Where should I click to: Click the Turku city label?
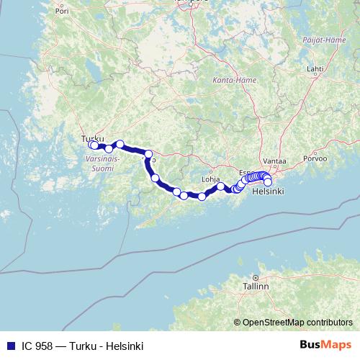tap(94, 138)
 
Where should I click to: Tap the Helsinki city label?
tap(267, 192)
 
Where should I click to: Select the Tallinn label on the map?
tap(256, 286)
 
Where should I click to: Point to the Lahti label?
tap(315, 69)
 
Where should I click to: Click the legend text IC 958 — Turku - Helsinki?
tap(82, 346)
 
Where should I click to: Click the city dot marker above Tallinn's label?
tap(255, 277)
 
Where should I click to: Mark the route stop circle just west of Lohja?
tap(202, 196)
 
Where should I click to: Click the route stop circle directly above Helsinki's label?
tap(268, 182)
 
